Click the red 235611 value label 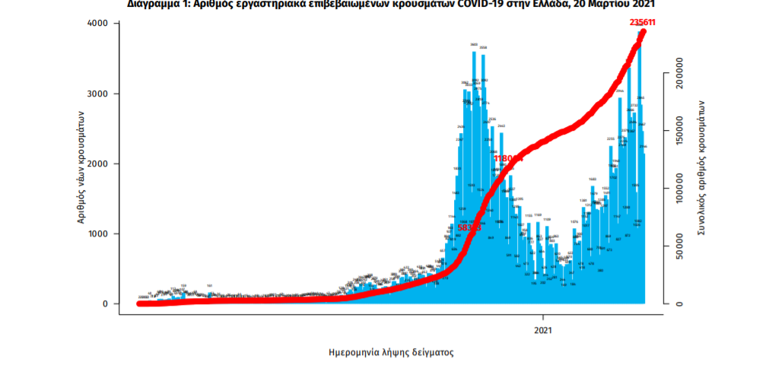643,22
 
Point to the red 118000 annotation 508,158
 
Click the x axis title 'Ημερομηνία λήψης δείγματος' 391,353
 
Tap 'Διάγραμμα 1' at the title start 154,4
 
